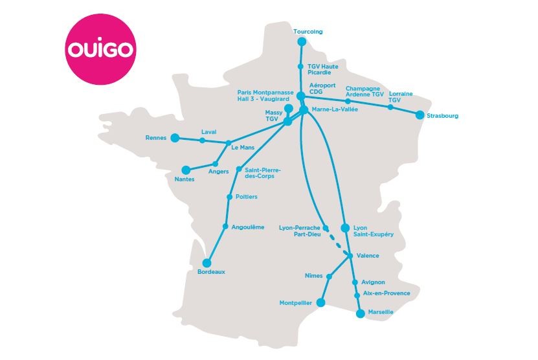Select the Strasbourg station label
[x=442, y=117]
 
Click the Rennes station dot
[x=174, y=137]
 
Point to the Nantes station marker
[x=186, y=170]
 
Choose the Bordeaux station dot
[x=207, y=263]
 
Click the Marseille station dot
[x=361, y=313]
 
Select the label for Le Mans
[x=243, y=148]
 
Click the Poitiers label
[x=246, y=196]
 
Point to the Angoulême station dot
[x=225, y=227]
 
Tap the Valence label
[x=368, y=255]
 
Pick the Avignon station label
[x=374, y=282]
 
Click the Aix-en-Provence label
[x=387, y=293]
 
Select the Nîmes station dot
[x=329, y=276]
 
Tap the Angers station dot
[x=216, y=163]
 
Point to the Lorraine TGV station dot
[x=390, y=107]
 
